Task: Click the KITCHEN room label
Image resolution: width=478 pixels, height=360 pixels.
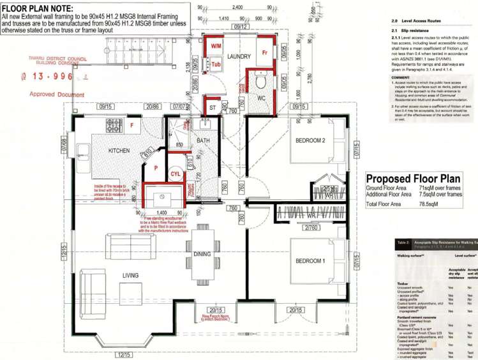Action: [x=119, y=151]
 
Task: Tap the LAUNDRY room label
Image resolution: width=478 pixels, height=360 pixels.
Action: [x=238, y=57]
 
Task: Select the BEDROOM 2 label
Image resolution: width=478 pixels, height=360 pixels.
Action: [x=311, y=140]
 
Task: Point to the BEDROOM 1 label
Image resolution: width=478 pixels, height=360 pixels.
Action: [x=310, y=261]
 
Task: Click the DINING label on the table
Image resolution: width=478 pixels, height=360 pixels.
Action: [x=202, y=254]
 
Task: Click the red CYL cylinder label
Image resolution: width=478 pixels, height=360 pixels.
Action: [x=176, y=173]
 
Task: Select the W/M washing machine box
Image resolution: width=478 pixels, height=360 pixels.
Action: [x=216, y=47]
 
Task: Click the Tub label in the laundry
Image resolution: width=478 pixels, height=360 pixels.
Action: [x=216, y=64]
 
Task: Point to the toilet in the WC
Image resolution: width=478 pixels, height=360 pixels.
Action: [x=260, y=82]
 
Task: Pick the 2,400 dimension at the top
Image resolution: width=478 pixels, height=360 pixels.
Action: [x=237, y=7]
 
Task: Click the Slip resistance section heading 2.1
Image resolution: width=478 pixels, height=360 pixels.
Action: [x=415, y=30]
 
